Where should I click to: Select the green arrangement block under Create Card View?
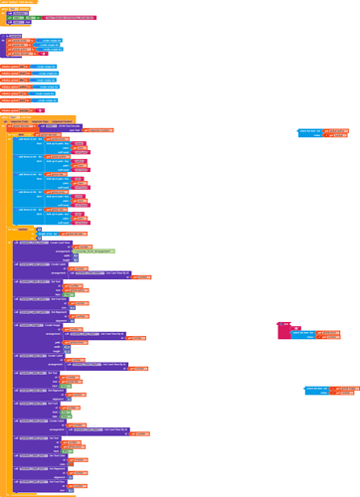pyautogui.click(x=94, y=252)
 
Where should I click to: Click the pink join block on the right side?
pyautogui.click(x=282, y=327)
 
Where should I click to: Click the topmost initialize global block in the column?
pyautogui.click(x=20, y=66)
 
